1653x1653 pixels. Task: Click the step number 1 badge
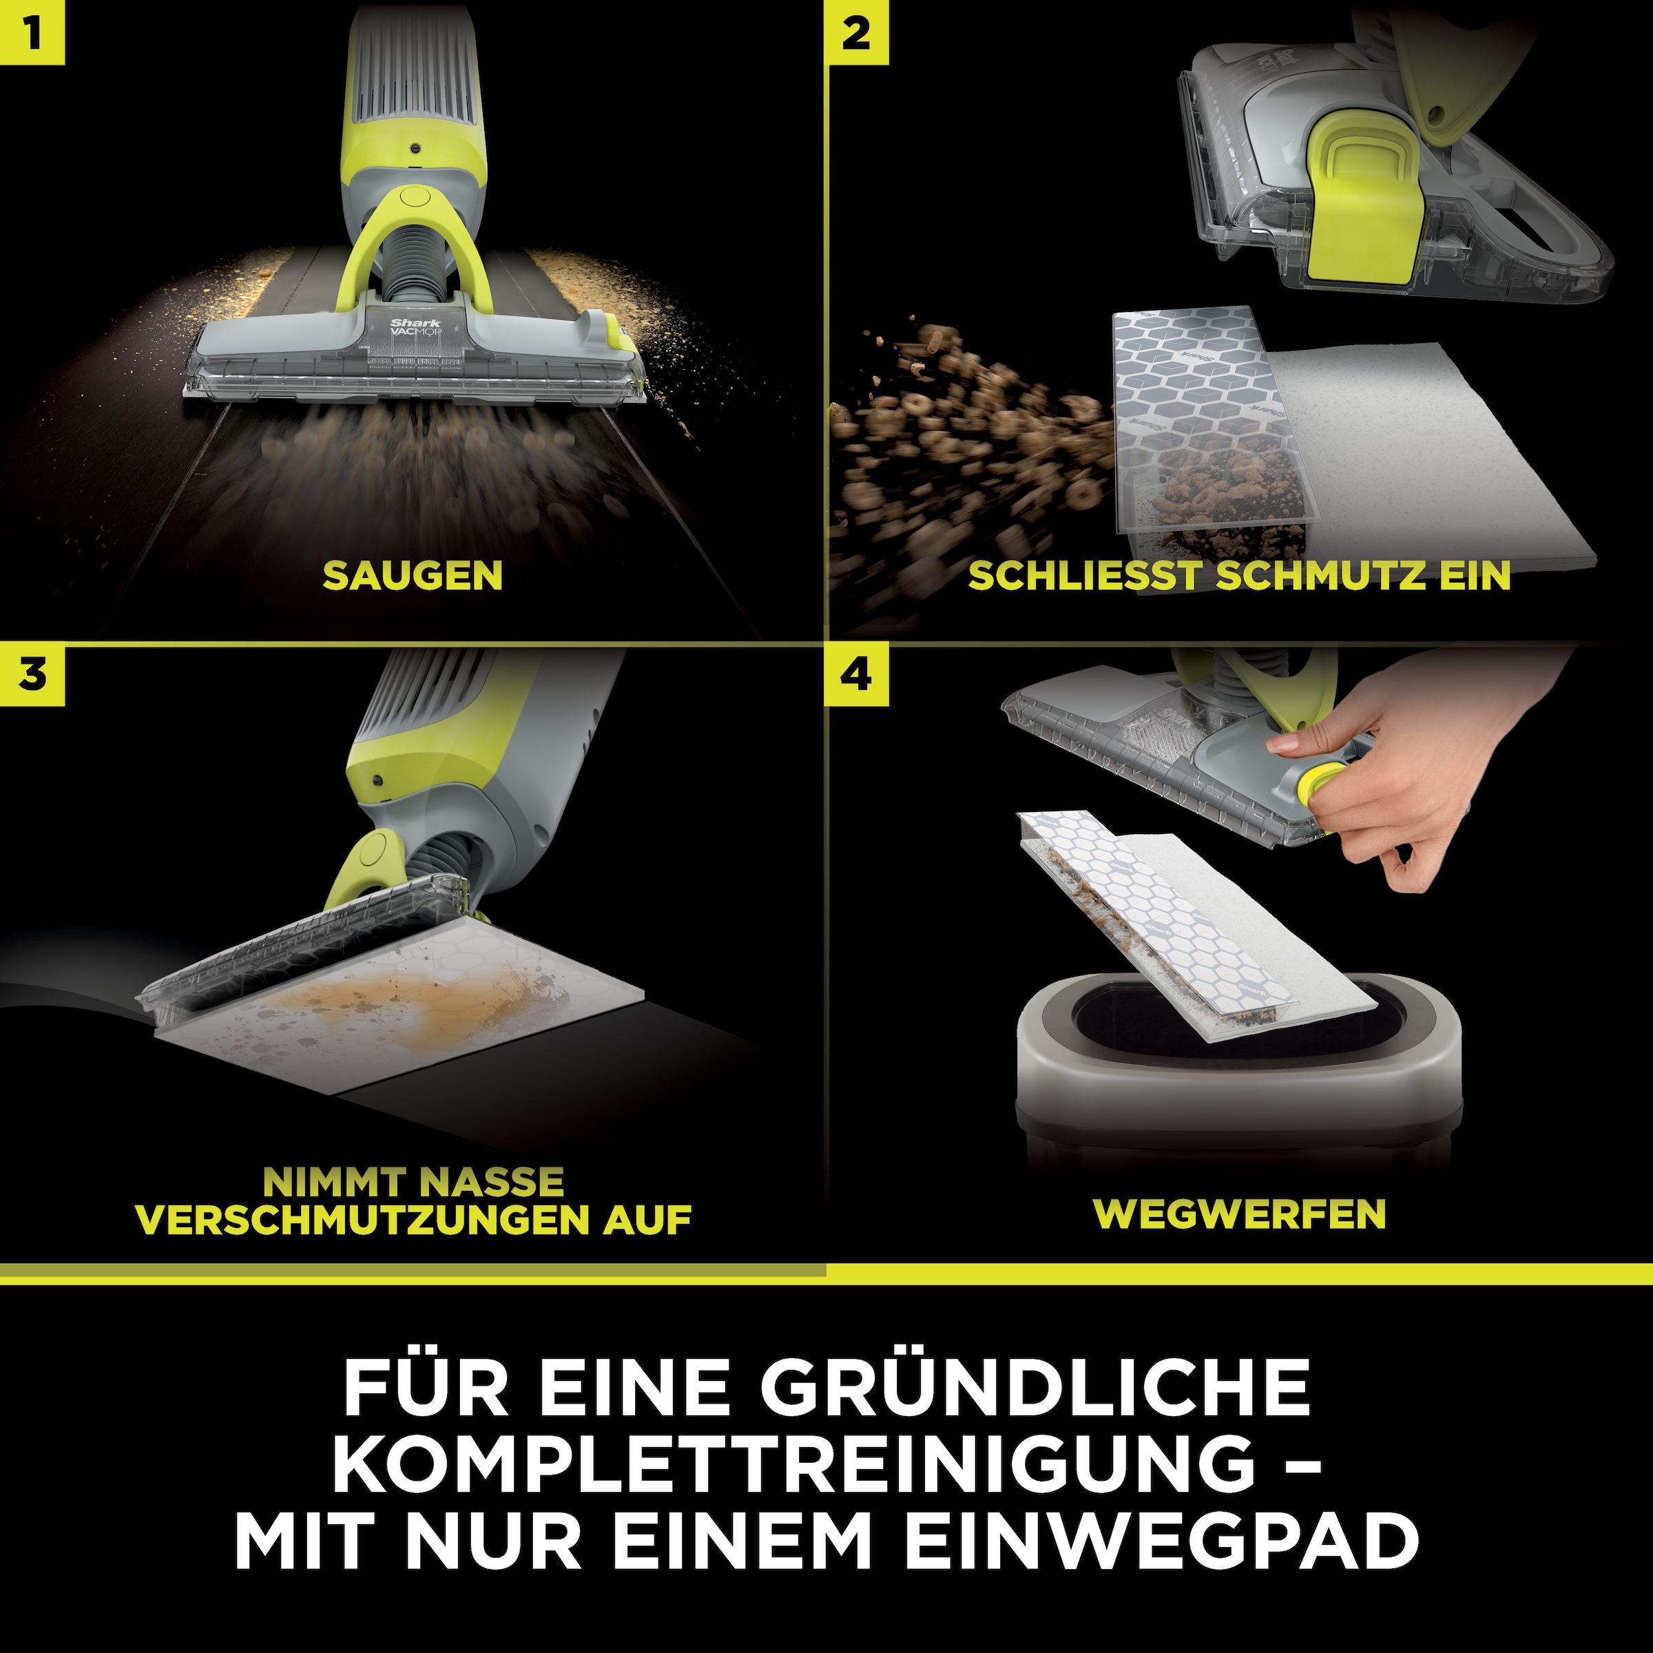coord(32,32)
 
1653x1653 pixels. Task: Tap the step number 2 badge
coord(855,32)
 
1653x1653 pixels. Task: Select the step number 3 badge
coord(32,675)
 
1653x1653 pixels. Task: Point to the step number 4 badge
coord(855,675)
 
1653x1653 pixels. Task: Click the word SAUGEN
coord(413,576)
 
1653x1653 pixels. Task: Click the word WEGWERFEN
coord(1240,1214)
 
